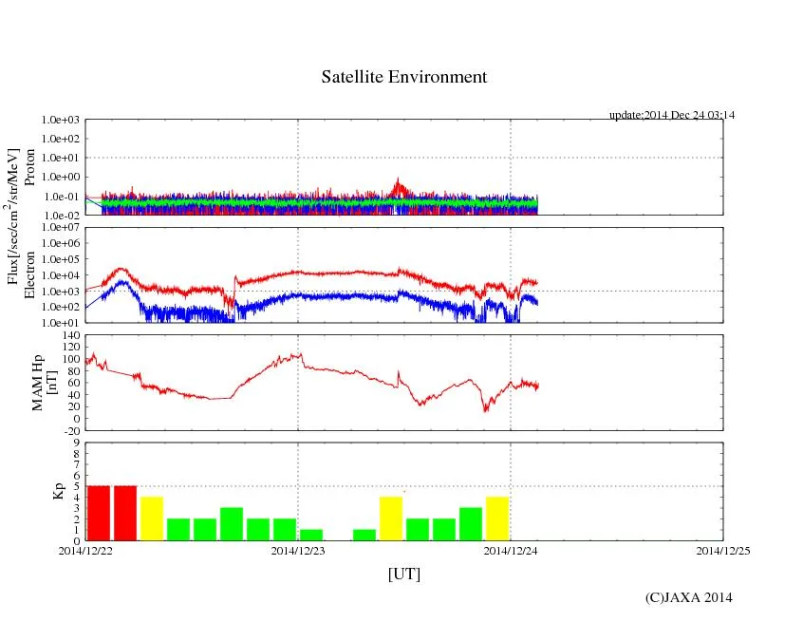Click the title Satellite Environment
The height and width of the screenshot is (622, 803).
(x=403, y=77)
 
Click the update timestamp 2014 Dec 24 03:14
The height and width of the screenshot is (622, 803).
(x=672, y=115)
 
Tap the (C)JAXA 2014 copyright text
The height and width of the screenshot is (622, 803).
(x=688, y=597)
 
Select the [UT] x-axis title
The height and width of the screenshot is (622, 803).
(x=403, y=574)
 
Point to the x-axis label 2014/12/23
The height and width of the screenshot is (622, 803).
(x=298, y=550)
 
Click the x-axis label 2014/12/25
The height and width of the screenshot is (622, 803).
(x=723, y=550)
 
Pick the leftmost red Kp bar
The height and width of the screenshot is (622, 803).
(x=99, y=513)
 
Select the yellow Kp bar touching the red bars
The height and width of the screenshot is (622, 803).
(x=152, y=518)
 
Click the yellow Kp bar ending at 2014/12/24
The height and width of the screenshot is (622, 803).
(x=497, y=518)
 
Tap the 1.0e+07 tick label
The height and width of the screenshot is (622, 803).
(x=60, y=228)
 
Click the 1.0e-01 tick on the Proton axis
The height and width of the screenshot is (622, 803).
(x=60, y=197)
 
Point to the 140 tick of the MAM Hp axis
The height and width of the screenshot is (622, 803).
(x=71, y=336)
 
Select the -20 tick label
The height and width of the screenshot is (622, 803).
(x=71, y=430)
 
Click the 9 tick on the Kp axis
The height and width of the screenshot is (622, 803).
(x=76, y=442)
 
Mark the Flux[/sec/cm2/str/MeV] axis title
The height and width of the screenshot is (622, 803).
(x=13, y=216)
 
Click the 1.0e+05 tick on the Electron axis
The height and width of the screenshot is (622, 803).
(x=60, y=259)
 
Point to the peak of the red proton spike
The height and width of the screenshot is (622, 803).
(x=398, y=179)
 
